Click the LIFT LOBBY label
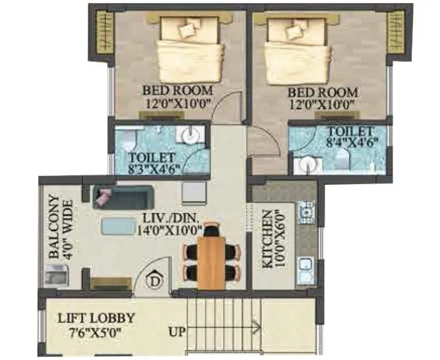click(x=96, y=319)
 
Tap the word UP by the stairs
click(x=177, y=331)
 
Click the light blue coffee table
click(x=119, y=226)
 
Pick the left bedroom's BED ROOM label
click(x=177, y=91)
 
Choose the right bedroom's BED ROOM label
click(x=323, y=93)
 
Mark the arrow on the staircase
click(x=256, y=328)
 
